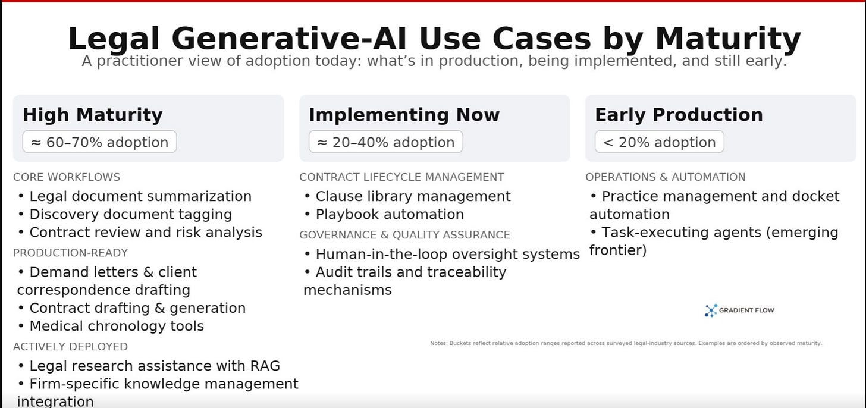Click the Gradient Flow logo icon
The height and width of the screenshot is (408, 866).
711,310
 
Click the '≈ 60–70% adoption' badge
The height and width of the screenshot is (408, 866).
100,142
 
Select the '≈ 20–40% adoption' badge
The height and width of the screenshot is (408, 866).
386,142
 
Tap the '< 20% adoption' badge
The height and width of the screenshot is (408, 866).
660,142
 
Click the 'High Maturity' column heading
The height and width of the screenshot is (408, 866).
93,115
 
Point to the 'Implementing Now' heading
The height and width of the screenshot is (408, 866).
404,115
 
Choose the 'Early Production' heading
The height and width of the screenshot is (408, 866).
679,115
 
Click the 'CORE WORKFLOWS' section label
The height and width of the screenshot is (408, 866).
67,177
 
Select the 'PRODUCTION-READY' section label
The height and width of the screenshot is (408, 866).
70,253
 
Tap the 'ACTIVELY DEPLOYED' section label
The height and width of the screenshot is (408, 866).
70,347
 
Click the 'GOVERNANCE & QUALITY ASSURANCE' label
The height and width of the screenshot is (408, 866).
405,235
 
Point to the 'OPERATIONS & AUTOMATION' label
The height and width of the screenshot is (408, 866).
666,177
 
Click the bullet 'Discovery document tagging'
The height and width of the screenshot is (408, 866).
125,214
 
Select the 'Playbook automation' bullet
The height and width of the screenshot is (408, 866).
384,214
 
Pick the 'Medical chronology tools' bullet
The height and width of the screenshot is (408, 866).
111,326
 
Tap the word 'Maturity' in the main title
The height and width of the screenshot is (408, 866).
728,39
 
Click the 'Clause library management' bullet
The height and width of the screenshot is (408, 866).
407,196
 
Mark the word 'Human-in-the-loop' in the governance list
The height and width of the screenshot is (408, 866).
382,254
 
